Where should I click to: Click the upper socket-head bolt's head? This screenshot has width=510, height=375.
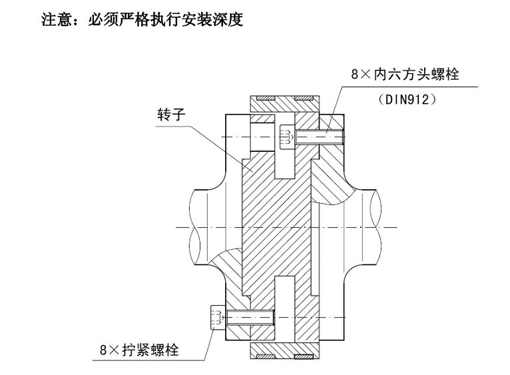[286, 137]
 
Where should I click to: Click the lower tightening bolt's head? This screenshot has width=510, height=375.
[216, 316]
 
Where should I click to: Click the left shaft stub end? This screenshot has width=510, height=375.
[200, 226]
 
